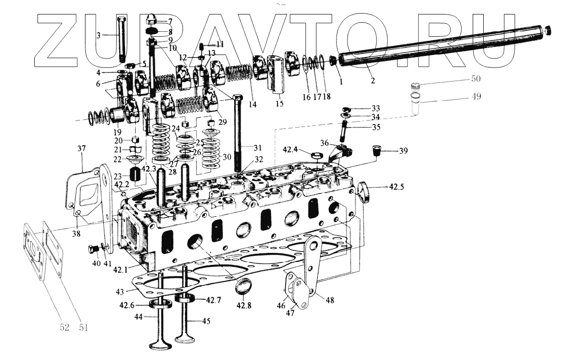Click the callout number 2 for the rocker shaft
click(373, 81)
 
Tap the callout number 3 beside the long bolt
click(98, 35)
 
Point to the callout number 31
click(257, 147)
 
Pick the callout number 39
click(403, 151)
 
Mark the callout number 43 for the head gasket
click(119, 291)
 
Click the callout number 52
click(64, 328)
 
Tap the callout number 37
click(81, 149)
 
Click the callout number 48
click(330, 300)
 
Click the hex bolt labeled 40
click(93, 249)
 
